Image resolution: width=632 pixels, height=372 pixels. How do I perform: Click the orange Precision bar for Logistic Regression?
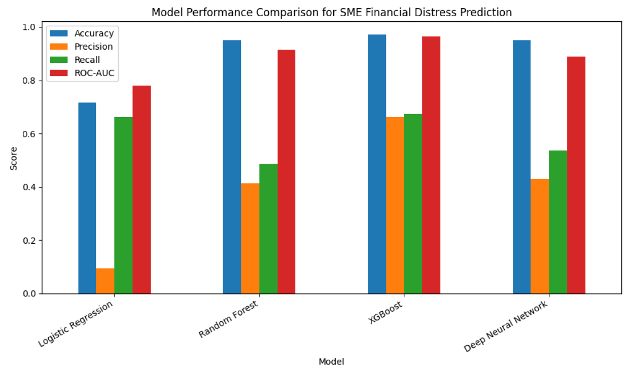coord(105,281)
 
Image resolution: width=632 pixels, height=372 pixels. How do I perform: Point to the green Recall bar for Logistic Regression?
coord(123,205)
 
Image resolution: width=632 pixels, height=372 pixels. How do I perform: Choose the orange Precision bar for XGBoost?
coord(395,205)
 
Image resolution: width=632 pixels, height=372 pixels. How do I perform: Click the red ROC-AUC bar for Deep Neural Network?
coord(576,175)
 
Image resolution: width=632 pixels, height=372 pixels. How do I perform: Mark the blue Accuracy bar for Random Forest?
coord(232,167)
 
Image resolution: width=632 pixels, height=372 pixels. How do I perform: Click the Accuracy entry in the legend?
coord(94,33)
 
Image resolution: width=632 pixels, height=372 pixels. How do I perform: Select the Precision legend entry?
coord(93,47)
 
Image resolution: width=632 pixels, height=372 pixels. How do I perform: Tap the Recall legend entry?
coord(87,60)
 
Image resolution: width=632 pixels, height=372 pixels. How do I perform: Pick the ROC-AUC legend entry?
coord(94,73)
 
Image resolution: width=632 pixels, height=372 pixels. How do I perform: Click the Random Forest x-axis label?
coord(229,319)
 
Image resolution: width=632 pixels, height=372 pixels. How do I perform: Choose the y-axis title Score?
coord(14,158)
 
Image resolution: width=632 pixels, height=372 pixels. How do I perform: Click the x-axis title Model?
coord(331,361)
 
